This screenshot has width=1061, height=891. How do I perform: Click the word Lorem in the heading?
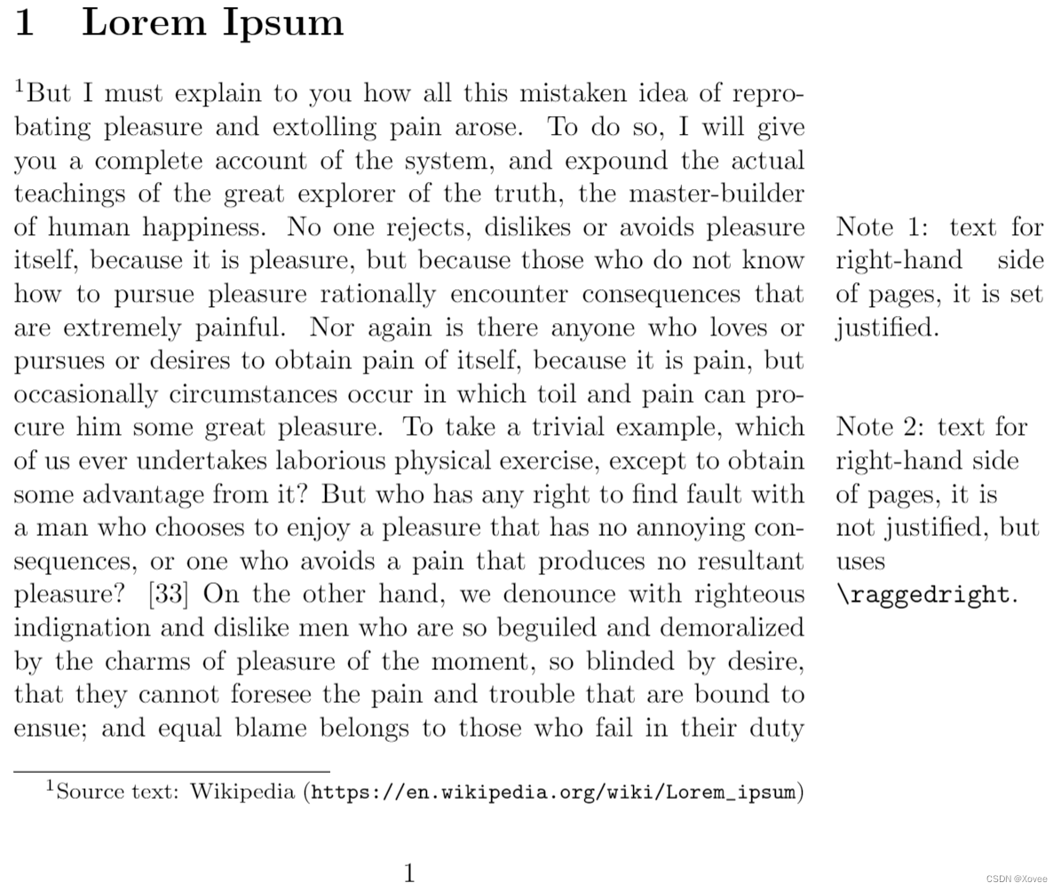[143, 21]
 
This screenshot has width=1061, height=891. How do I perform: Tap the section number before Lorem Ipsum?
[25, 22]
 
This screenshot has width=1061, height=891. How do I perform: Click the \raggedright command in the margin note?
[923, 595]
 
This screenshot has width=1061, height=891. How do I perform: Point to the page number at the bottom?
[409, 873]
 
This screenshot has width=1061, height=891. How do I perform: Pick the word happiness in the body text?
[200, 228]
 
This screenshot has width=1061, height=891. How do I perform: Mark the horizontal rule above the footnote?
[171, 771]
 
